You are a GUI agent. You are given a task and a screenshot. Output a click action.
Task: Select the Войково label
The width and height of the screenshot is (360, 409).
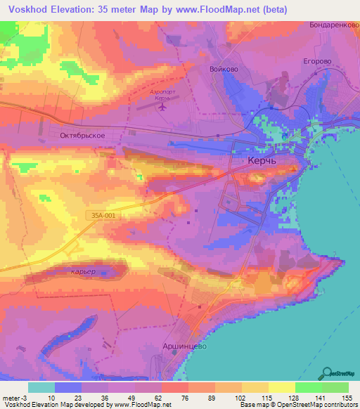pyautogui.click(x=222, y=69)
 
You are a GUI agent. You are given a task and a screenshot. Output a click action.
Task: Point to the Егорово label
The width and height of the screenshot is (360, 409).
pyautogui.click(x=317, y=61)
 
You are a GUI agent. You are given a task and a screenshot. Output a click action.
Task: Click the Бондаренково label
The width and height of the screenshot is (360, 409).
pyautogui.click(x=333, y=25)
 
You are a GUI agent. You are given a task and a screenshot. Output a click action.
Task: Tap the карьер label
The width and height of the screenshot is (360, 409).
pyautogui.click(x=83, y=271)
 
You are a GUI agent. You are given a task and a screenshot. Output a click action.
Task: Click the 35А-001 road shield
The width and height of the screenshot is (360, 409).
pyautogui.click(x=103, y=216)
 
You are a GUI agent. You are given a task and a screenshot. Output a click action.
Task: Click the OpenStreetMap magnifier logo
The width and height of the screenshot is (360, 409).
pyautogui.click(x=328, y=373)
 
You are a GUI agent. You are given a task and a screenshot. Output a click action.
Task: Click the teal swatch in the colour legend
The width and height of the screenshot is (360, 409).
pyautogui.click(x=41, y=387)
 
